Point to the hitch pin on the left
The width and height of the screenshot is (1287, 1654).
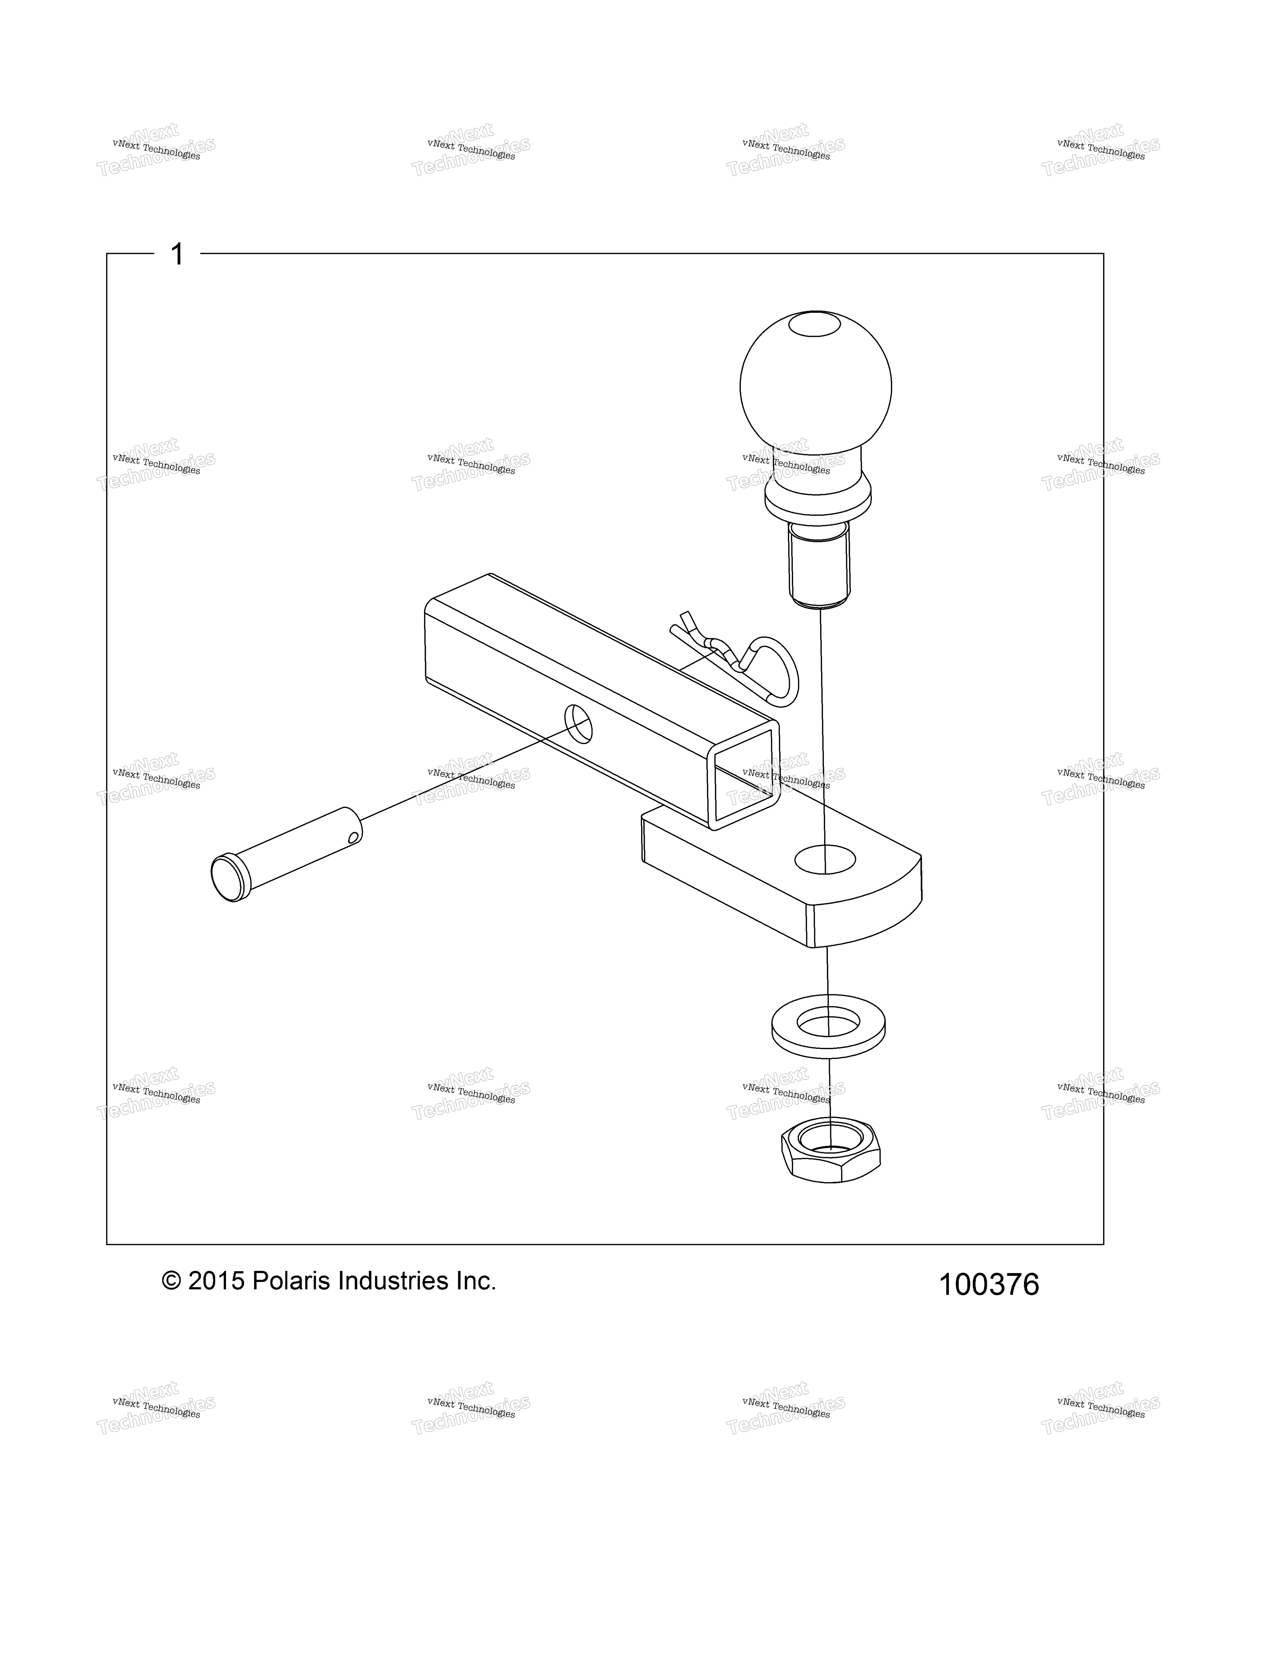click(286, 854)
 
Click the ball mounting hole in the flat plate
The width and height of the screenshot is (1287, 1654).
click(825, 859)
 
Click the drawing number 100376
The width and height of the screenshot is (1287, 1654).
click(989, 1285)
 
